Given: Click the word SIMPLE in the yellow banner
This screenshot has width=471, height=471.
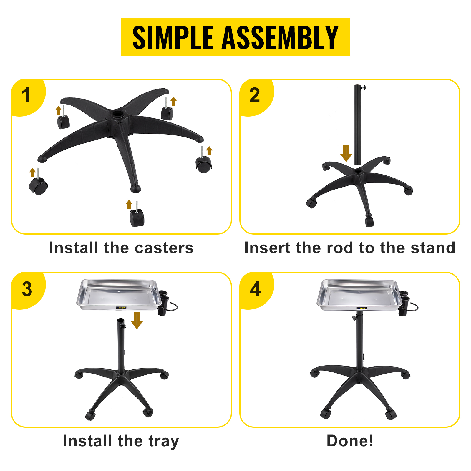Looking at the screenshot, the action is pyautogui.click(x=173, y=37).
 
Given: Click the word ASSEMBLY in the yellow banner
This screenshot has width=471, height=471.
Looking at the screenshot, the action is pyautogui.click(x=280, y=37).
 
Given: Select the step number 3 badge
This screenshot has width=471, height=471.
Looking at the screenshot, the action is pyautogui.click(x=28, y=290).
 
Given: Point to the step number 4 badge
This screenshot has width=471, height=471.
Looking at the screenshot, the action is pyautogui.click(x=256, y=290).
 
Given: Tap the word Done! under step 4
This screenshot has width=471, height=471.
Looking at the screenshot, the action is pyautogui.click(x=350, y=441).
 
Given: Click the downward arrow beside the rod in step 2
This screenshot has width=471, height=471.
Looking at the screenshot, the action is pyautogui.click(x=346, y=153).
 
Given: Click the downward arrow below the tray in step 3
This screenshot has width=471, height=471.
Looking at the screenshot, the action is pyautogui.click(x=137, y=321).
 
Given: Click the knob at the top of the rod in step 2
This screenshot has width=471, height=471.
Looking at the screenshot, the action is pyautogui.click(x=364, y=87).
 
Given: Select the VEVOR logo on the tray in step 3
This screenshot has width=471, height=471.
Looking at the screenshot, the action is pyautogui.click(x=121, y=308).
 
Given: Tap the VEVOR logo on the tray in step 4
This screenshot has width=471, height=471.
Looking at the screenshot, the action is pyautogui.click(x=362, y=308).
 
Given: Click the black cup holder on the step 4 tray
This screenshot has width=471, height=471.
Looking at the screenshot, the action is pyautogui.click(x=404, y=303).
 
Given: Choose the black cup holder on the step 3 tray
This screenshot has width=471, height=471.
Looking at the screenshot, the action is pyautogui.click(x=163, y=303).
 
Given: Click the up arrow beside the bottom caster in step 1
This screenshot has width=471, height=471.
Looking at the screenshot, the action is pyautogui.click(x=129, y=204).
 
